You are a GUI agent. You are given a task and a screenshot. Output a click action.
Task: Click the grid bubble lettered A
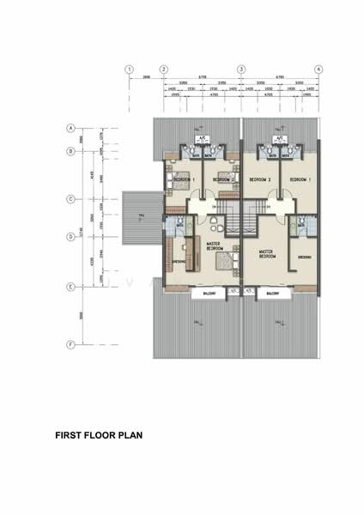[71, 128]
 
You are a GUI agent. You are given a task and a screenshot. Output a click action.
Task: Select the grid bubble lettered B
[71, 151]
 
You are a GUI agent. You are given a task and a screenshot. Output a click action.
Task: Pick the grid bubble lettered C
[71, 199]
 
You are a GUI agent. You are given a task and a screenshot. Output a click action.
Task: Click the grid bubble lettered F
[71, 345]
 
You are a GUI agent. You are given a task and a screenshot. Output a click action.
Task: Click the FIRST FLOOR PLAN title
[99, 435]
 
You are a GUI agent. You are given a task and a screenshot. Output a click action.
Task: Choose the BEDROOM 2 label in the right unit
[259, 180]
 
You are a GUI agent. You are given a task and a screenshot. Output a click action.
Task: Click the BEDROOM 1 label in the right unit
[299, 180]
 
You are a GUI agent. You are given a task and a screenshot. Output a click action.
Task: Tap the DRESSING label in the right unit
[304, 257]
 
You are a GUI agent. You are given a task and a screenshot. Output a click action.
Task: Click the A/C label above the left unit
[203, 137]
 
